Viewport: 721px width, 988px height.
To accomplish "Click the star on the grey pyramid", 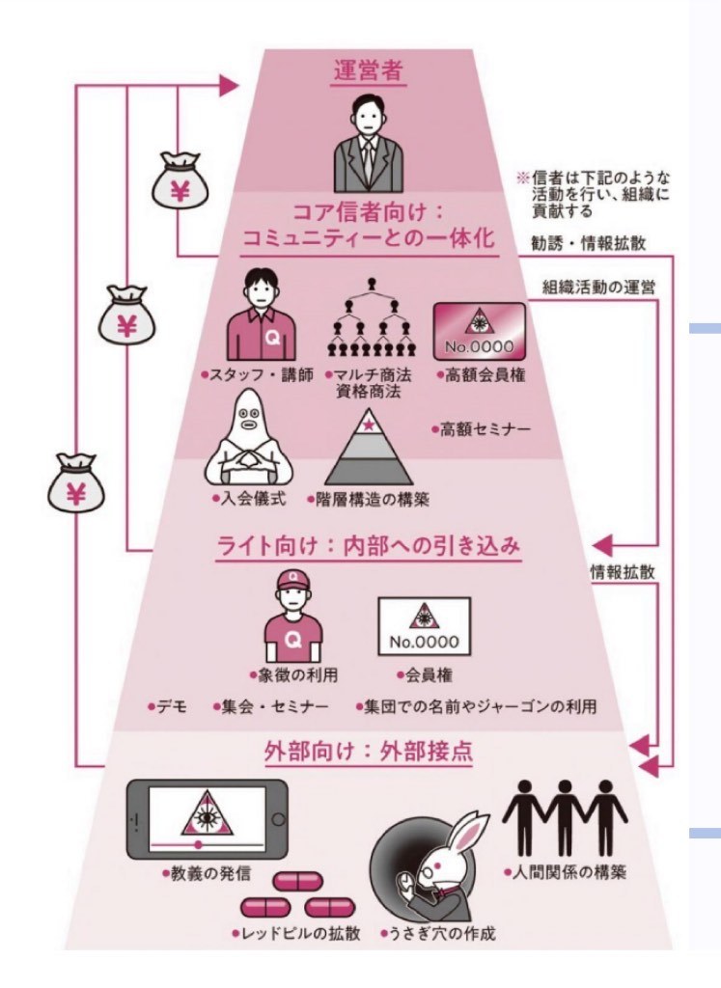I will click(x=368, y=421).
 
